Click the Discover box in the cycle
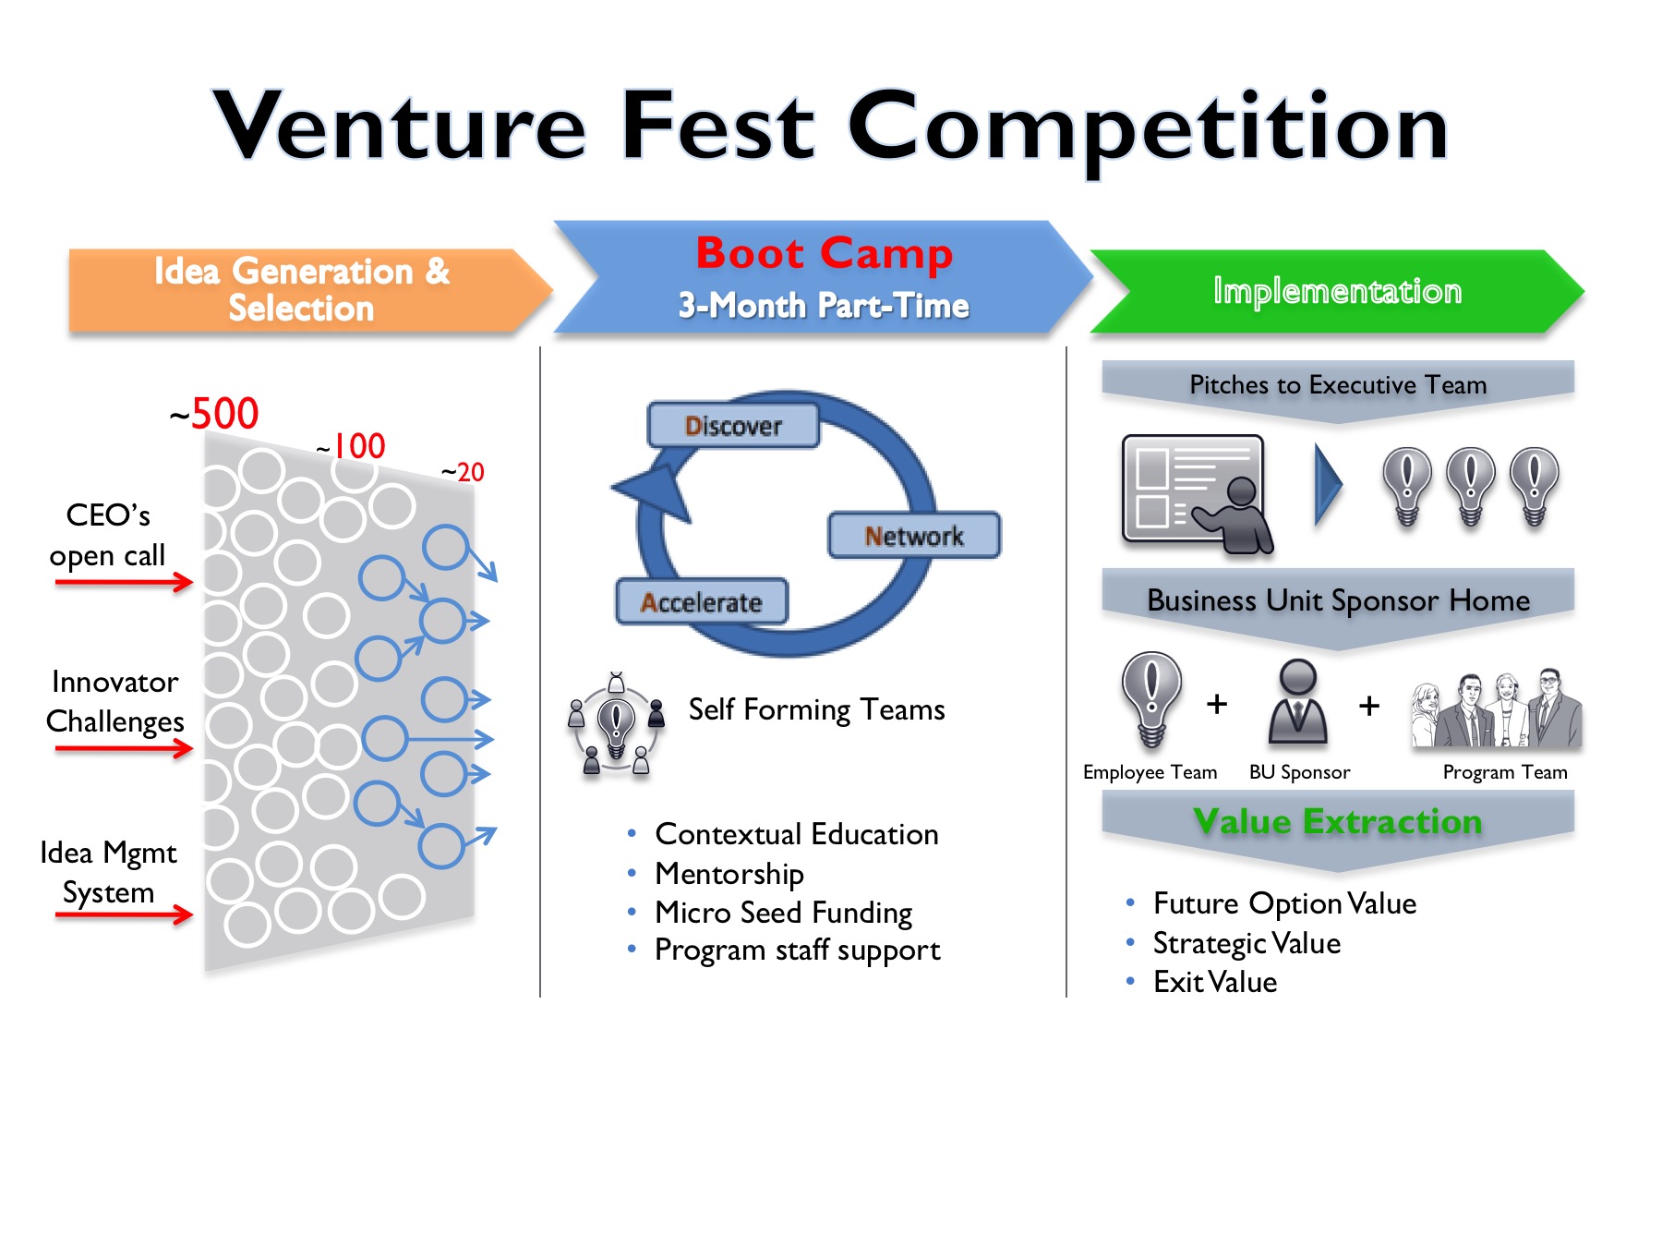(x=733, y=426)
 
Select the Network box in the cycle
(x=914, y=536)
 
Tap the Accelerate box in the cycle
(x=702, y=602)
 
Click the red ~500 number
(x=215, y=414)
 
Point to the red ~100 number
(x=352, y=447)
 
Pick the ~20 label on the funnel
(x=463, y=473)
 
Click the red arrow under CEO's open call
(x=124, y=582)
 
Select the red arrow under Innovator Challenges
(x=124, y=748)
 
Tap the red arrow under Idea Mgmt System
(x=124, y=914)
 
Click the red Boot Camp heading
(x=824, y=253)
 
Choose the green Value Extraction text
(x=1337, y=821)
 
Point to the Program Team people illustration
(x=1497, y=709)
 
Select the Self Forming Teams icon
(x=616, y=723)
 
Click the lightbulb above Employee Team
(x=1151, y=697)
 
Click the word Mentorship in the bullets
(x=729, y=873)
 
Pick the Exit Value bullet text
(x=1215, y=982)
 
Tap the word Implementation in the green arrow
(x=1337, y=291)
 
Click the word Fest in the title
(x=718, y=126)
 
